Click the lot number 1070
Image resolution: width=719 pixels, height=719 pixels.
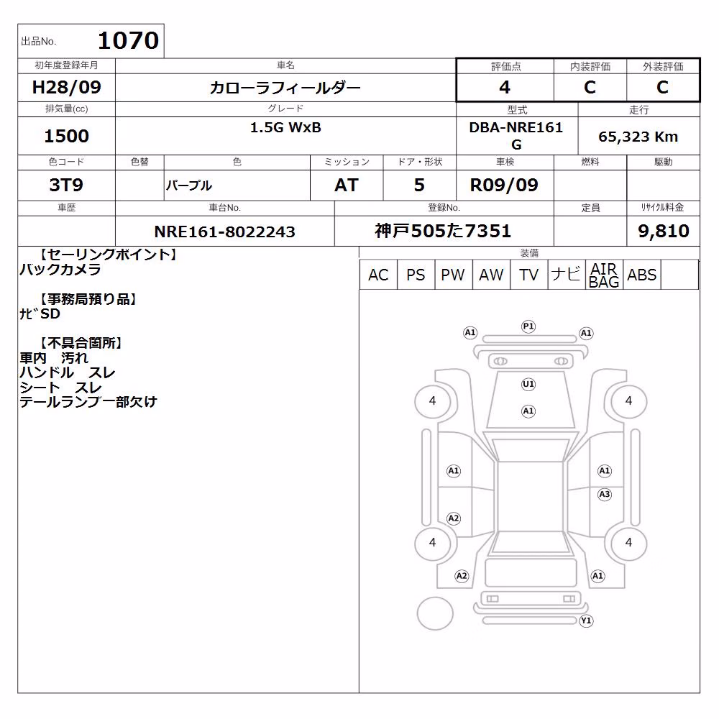point(129,40)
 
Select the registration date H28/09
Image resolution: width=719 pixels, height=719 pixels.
point(66,87)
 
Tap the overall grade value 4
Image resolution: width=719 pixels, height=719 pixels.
point(505,87)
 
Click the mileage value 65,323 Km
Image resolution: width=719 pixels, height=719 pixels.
point(638,137)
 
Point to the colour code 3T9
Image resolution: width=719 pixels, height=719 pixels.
point(66,185)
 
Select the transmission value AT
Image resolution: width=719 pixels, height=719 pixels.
point(347,185)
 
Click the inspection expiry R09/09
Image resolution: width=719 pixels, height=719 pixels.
point(504,185)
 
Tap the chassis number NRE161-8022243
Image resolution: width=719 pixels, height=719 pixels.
point(224,232)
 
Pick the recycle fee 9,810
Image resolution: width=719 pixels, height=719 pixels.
point(664,231)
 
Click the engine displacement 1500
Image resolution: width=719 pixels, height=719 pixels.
point(66,136)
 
